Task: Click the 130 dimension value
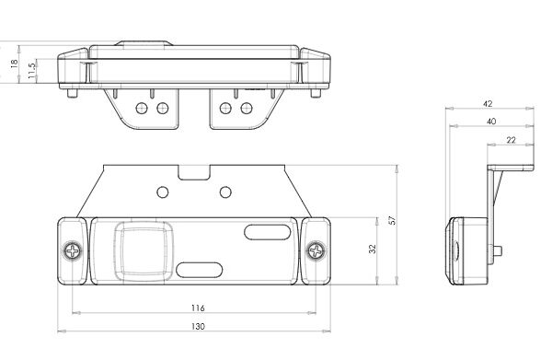[x=198, y=326]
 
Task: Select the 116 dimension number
[x=198, y=308]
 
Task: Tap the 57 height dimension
[x=392, y=220]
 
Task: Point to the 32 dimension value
[x=373, y=249]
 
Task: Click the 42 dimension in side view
[x=488, y=103]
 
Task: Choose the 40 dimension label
[x=491, y=122]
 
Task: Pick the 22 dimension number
[x=511, y=140]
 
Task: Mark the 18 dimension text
[x=14, y=64]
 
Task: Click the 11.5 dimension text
[x=31, y=71]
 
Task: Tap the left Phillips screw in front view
[x=73, y=250]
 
